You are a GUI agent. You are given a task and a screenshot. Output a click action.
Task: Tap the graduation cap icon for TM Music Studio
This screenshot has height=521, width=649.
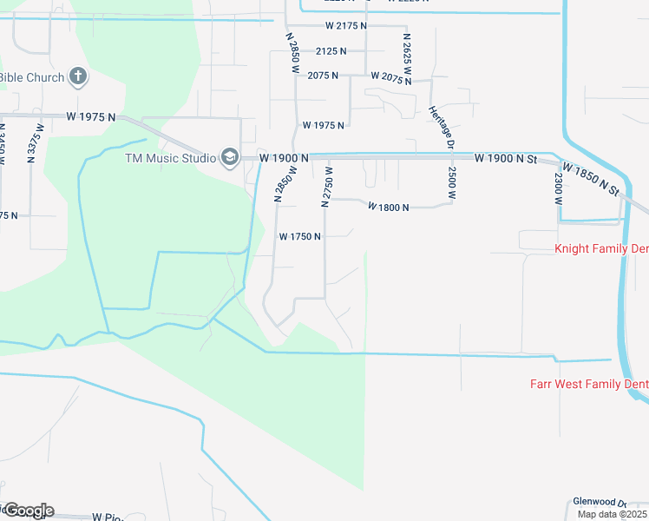click(230, 157)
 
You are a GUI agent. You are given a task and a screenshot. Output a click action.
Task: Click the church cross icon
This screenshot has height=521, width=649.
click(78, 77)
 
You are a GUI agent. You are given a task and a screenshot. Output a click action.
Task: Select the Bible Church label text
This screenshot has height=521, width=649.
click(32, 77)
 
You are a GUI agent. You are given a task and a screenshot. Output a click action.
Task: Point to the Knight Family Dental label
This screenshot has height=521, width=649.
click(601, 249)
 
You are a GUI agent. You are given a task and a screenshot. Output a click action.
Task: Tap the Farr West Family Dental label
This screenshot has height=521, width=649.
click(589, 384)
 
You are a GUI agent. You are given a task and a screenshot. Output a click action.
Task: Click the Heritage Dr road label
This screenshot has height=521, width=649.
click(441, 127)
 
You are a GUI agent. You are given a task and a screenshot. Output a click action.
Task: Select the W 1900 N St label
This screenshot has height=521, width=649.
click(507, 158)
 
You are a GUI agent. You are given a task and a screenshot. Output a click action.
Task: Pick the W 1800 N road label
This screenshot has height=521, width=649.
click(388, 207)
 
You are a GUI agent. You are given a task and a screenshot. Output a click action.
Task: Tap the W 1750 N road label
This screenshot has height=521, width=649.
click(300, 236)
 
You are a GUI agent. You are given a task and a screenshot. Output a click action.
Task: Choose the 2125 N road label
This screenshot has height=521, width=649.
click(331, 51)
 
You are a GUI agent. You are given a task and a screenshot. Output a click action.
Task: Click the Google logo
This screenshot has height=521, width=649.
click(28, 511)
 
